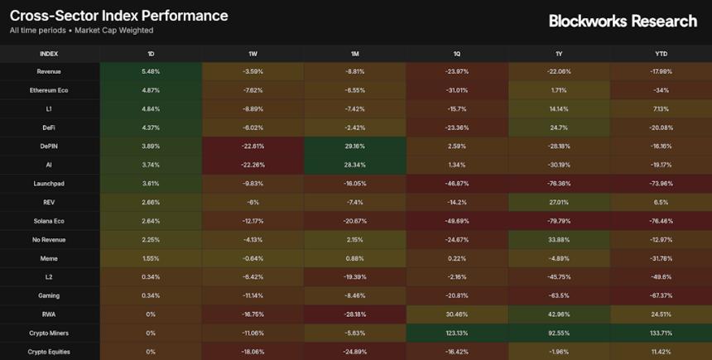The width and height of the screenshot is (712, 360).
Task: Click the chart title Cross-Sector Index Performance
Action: coord(118,16)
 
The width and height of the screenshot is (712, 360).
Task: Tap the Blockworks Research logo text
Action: coord(623,22)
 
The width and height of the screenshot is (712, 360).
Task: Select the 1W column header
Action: coord(253,53)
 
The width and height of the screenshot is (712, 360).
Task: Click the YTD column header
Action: coord(661,53)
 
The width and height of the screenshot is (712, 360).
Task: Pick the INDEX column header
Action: coord(49,53)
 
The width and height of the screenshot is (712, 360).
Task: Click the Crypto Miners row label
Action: coord(49,333)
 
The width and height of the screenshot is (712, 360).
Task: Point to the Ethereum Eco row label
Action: coord(49,90)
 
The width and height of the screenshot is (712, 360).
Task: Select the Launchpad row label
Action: coord(49,183)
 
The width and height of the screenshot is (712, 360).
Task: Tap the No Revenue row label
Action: coord(49,239)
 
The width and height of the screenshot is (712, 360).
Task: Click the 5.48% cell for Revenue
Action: coord(151,71)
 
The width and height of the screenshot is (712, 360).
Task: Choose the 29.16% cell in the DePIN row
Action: coord(354,146)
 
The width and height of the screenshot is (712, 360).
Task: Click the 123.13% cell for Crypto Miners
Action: coord(457,333)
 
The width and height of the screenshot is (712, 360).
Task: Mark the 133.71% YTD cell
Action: coord(661,333)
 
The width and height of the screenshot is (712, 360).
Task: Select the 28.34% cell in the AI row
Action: coord(354,165)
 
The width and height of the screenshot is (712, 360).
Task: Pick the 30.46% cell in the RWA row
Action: coord(457,314)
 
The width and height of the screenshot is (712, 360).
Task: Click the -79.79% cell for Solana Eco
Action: coord(559,221)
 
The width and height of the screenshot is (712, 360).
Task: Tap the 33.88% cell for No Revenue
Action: coord(559,239)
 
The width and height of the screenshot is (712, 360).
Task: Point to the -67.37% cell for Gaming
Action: coord(661,295)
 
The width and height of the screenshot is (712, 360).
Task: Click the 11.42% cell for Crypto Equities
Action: coord(661,352)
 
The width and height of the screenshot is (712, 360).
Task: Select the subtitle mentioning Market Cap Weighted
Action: coord(81,31)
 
